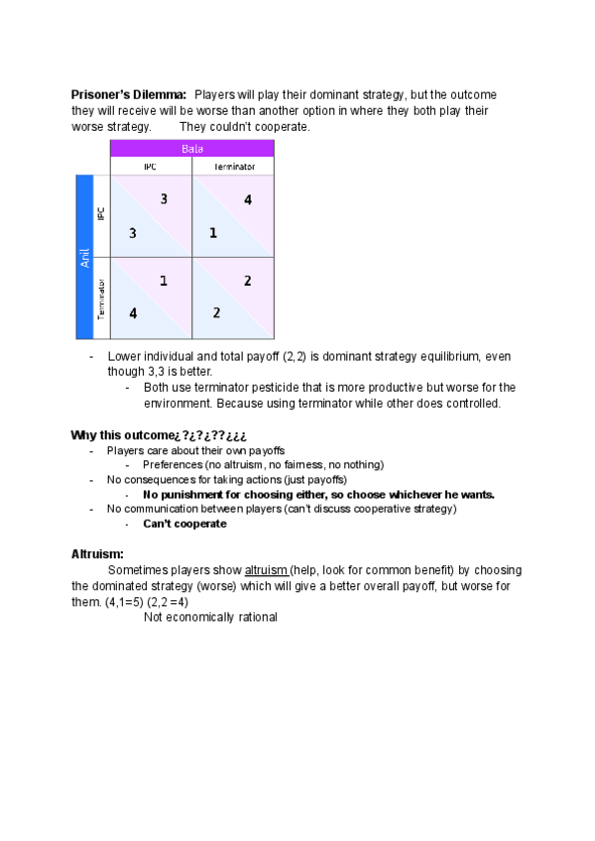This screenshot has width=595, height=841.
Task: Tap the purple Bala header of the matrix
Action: point(191,149)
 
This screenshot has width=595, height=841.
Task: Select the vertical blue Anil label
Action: point(84,257)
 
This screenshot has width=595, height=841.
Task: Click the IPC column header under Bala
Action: point(151,167)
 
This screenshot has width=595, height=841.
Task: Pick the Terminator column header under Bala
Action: point(233,167)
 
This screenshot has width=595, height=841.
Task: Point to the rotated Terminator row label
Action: point(101,299)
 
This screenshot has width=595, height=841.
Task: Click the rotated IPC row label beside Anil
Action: point(101,215)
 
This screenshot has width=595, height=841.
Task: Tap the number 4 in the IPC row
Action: point(247,200)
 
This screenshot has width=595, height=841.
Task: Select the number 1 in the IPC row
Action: point(213,233)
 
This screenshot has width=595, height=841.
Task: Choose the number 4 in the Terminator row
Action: point(132,313)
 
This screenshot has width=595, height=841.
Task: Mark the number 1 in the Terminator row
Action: point(164,282)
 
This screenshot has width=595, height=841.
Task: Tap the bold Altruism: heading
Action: point(97,553)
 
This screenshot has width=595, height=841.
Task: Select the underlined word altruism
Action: point(266,570)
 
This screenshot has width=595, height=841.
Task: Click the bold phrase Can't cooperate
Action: point(184,524)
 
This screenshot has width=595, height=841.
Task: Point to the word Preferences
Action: point(176,464)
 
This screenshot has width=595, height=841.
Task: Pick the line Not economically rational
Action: point(210,617)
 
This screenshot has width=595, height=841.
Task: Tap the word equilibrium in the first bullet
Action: point(430,356)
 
